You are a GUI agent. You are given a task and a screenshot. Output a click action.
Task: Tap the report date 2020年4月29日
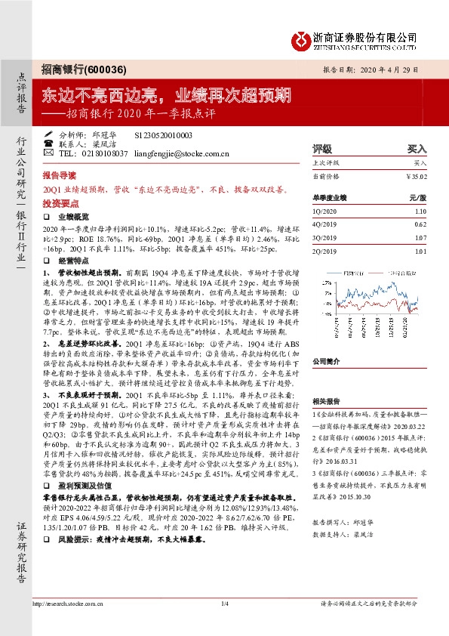tap(398, 68)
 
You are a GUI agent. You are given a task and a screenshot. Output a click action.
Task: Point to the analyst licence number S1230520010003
tap(163, 134)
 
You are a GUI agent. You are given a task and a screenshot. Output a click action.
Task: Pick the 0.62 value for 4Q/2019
tap(420, 224)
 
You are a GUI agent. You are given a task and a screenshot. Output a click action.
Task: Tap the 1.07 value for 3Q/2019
tap(420, 236)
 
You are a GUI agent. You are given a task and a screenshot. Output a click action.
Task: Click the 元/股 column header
tap(417, 198)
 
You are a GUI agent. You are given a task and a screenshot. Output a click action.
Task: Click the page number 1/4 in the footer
tap(224, 604)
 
